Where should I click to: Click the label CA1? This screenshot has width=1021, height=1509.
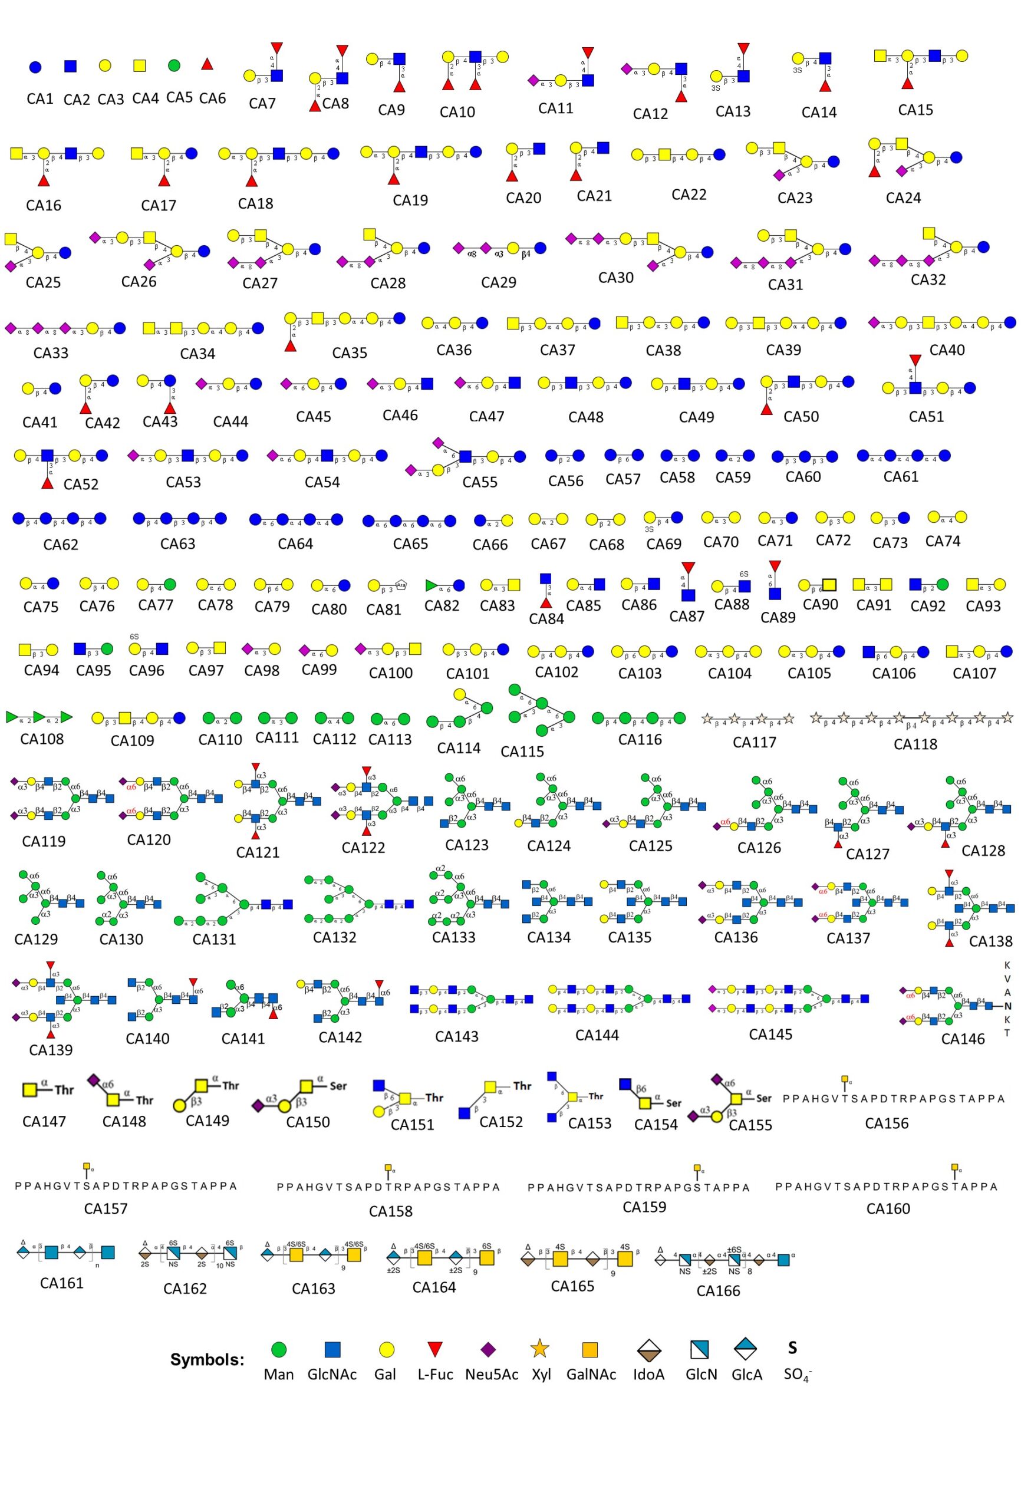(39, 98)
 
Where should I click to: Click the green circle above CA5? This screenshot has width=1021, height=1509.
(174, 65)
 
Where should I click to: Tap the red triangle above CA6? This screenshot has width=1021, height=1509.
(207, 64)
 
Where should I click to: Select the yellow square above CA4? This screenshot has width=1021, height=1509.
(140, 65)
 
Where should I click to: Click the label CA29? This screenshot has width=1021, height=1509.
(498, 282)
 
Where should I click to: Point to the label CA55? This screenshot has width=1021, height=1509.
(479, 482)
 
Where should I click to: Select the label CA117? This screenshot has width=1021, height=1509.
(754, 742)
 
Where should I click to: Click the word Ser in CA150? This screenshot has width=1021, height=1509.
(338, 1086)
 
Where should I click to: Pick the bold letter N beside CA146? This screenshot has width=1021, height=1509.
(1007, 1006)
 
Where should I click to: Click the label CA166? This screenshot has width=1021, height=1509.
(717, 1291)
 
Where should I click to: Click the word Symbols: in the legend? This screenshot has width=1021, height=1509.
(207, 1360)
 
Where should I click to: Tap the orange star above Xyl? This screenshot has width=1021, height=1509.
(541, 1349)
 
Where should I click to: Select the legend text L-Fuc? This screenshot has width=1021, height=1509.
(435, 1375)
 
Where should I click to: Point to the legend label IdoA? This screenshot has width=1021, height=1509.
(648, 1375)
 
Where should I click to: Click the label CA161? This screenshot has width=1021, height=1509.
(62, 1283)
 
